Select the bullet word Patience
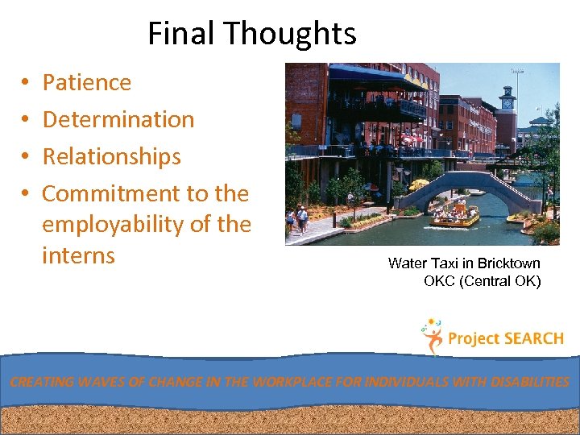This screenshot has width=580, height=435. tap(86, 82)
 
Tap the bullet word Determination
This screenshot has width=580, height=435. tap(118, 119)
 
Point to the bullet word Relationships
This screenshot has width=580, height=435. tap(111, 156)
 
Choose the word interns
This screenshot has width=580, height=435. tap(78, 255)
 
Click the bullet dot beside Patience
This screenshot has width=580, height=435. tap(26, 83)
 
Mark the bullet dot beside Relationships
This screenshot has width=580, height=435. tap(26, 157)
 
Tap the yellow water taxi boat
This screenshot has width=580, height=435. tap(455, 215)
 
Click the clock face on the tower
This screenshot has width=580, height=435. tap(507, 103)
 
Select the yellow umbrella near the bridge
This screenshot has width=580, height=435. tap(419, 184)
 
